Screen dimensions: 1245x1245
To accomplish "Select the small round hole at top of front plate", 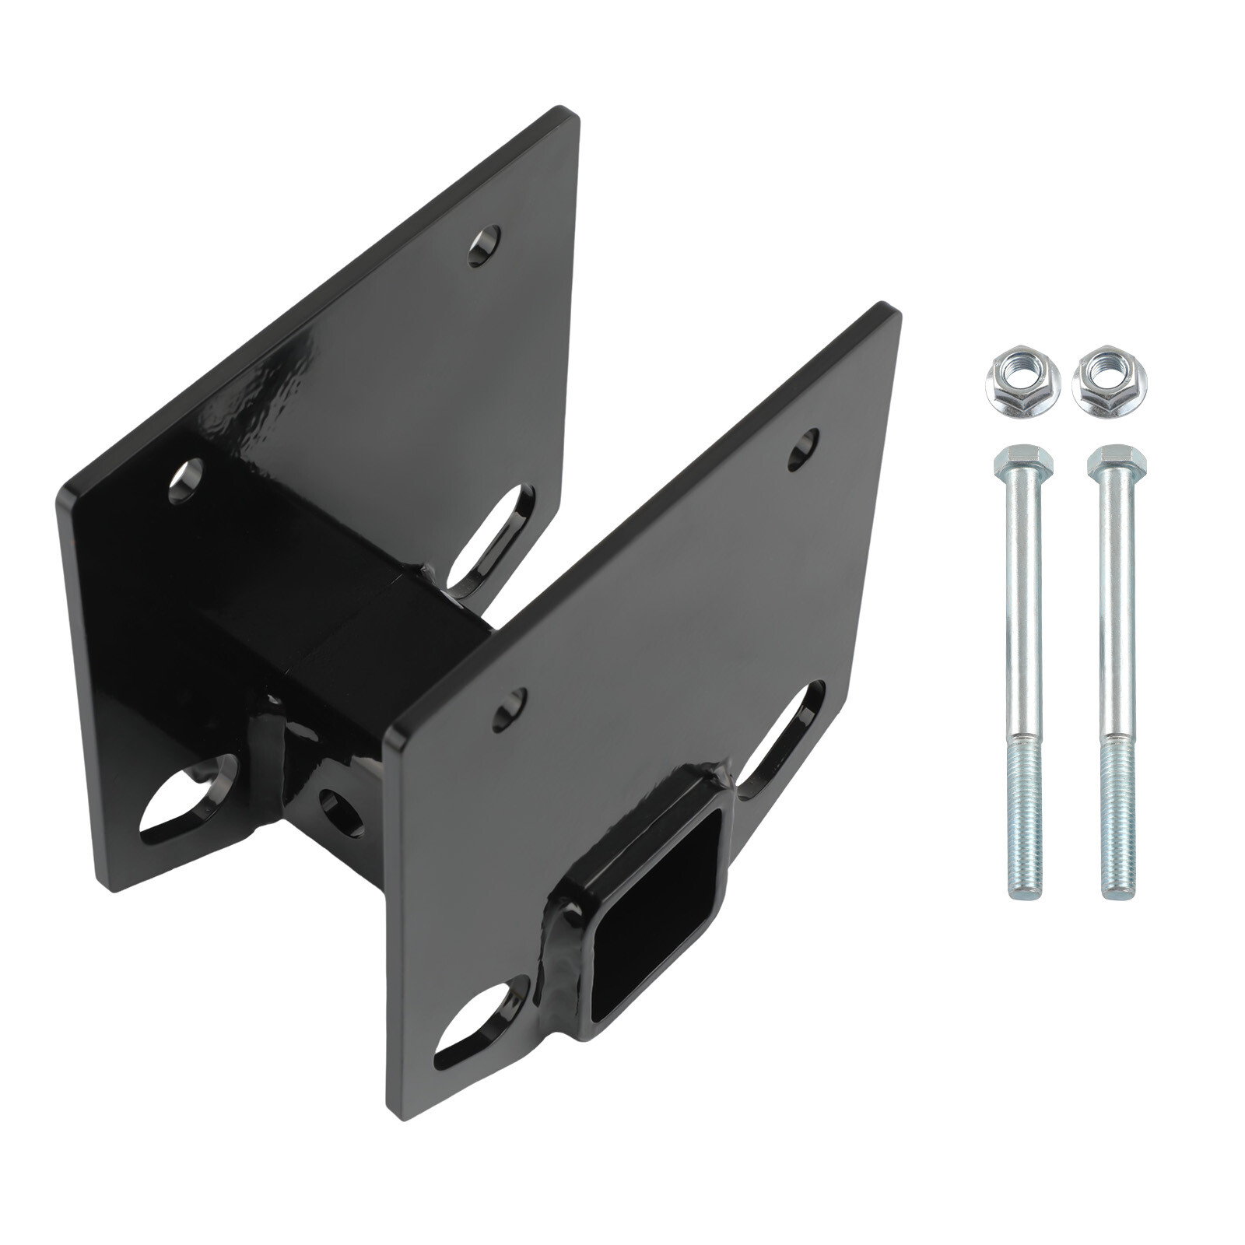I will tap(803, 449).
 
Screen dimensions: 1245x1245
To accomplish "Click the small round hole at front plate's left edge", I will tap(509, 709).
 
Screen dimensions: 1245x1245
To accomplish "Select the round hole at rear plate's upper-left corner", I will tap(185, 480).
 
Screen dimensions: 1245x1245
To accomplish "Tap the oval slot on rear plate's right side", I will tap(489, 542).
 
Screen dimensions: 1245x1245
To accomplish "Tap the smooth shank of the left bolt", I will tap(1020, 607).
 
